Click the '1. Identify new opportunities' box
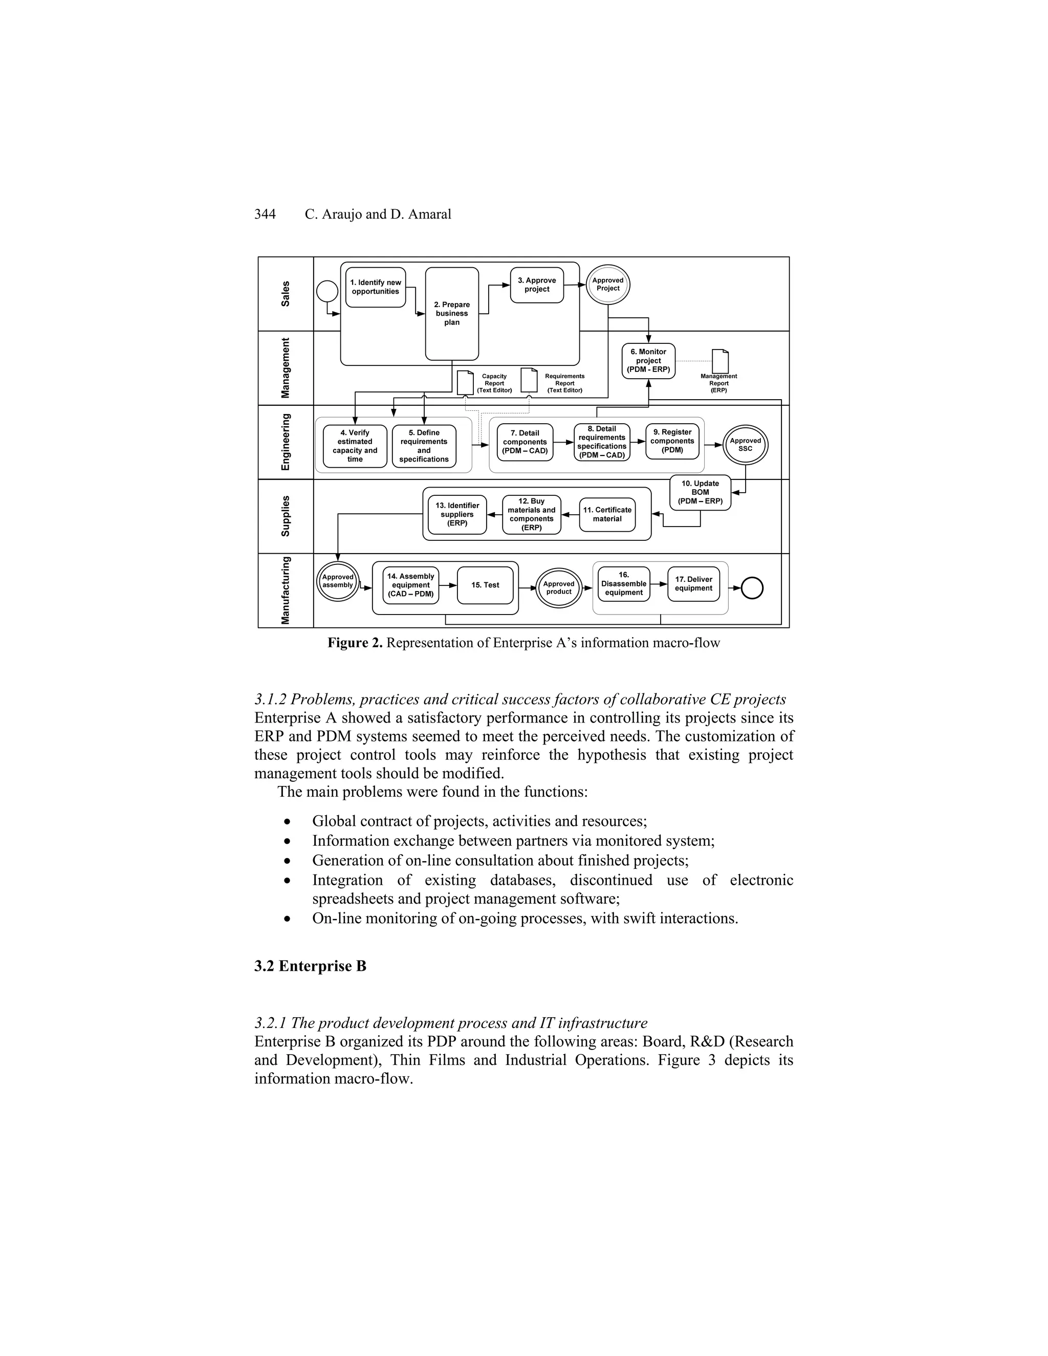coord(375,288)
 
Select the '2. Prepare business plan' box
coord(451,314)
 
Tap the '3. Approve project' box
coord(536,285)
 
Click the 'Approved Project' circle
coord(608,285)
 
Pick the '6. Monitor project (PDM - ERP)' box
coord(648,361)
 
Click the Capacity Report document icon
coord(465,382)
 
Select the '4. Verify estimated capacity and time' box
coord(355,446)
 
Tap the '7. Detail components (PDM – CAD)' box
coord(525,442)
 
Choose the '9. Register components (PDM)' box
coord(672,442)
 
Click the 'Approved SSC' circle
coord(745,445)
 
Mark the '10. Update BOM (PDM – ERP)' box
coord(700,492)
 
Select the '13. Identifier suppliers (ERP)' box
coord(457,515)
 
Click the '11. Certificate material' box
coord(606,515)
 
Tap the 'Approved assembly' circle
coord(338,582)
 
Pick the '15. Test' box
coord(485,585)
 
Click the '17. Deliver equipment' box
coord(693,584)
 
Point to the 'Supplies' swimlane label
coord(286,516)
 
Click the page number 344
coord(265,215)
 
